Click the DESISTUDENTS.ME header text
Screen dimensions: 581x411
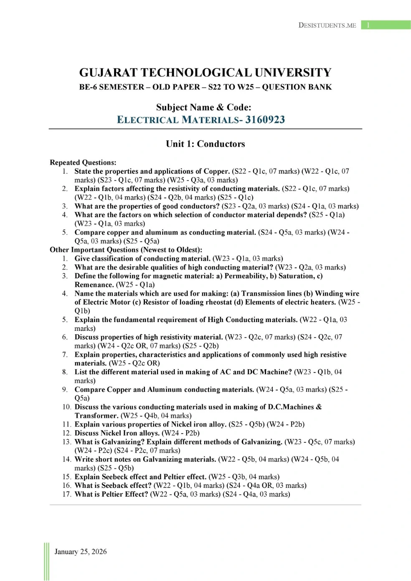(327, 25)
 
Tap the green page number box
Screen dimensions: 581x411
(386, 25)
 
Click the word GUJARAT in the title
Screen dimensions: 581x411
(108, 73)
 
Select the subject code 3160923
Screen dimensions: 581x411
(265, 120)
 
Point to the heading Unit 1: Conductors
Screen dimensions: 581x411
(205, 144)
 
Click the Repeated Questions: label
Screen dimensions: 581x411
(83, 162)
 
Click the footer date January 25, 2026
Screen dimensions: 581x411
(81, 551)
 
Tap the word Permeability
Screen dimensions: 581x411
(246, 276)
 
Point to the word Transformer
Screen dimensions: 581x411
(96, 416)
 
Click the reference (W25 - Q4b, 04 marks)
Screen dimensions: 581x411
(156, 416)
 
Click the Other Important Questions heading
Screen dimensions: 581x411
(126, 250)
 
